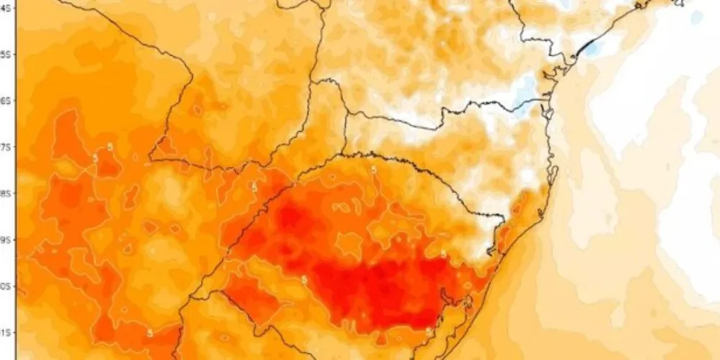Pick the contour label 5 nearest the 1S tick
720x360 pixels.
pyautogui.click(x=149, y=333)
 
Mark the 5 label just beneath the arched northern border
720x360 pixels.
pyautogui.click(x=372, y=170)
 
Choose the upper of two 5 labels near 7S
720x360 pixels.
pyautogui.click(x=109, y=147)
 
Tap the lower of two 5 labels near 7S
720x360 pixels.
pyautogui.click(x=95, y=158)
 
